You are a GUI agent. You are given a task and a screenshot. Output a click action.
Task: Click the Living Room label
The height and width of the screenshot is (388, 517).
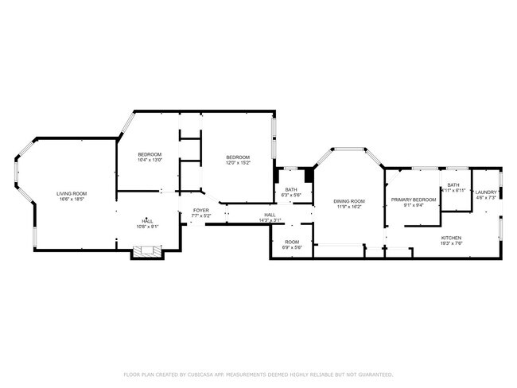71,194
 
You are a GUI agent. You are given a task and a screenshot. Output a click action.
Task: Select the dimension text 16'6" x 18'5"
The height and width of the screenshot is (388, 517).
71,200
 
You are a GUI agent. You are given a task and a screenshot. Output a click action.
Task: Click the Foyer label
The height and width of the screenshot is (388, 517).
201,210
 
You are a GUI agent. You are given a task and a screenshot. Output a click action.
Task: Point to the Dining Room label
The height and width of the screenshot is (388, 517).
348,200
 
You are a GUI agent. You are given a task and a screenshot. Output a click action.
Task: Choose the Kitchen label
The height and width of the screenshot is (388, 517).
453,238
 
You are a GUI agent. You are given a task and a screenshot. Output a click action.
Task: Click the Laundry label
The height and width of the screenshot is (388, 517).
486,192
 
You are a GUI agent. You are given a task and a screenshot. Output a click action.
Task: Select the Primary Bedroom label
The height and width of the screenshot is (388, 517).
414,200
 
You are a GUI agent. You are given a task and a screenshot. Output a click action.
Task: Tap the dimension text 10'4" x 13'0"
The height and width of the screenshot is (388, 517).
150,160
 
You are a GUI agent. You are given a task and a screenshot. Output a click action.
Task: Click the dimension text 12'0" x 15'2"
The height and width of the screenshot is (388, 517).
237,162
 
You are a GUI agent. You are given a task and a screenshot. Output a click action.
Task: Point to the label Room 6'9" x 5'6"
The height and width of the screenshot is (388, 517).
292,244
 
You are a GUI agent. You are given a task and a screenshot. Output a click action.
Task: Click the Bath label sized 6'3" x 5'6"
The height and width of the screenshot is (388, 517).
291,189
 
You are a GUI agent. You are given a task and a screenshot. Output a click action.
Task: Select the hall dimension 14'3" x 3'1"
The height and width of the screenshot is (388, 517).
270,220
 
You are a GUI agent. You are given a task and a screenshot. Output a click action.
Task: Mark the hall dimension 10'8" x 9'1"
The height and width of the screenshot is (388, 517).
147,227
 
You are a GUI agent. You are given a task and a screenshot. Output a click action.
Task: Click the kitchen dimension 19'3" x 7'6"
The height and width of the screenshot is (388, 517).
453,243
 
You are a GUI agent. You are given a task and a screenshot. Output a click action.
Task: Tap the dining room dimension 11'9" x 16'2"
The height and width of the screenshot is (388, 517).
348,206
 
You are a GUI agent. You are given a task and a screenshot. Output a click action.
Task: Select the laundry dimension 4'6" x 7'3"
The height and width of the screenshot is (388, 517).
486,198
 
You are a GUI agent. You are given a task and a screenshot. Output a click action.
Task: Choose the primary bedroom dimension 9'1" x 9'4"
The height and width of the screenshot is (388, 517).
414,205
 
